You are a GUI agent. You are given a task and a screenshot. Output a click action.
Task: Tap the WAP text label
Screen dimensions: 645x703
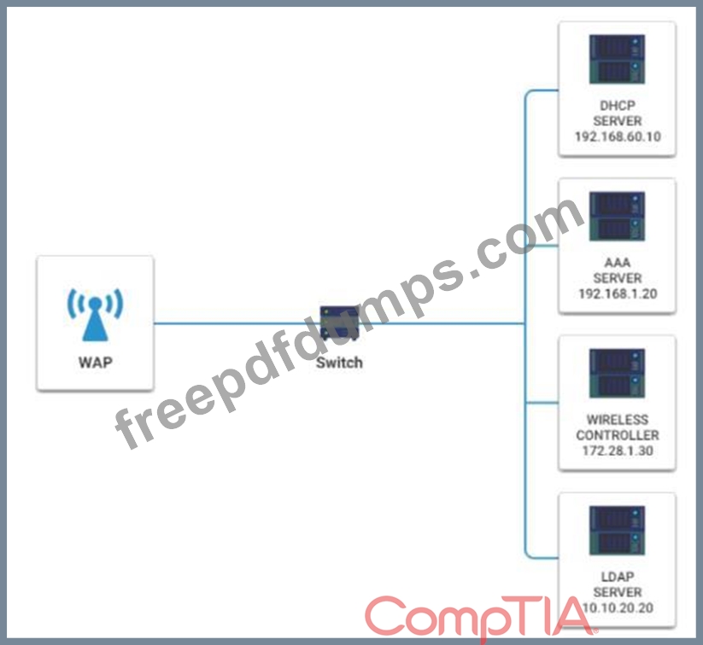95,362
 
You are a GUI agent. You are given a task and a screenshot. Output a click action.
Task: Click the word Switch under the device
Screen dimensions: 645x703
339,363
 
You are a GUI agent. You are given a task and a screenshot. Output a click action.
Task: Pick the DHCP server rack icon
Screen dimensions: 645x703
617,60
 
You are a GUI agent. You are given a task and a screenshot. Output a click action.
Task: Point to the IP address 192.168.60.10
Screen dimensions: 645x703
617,136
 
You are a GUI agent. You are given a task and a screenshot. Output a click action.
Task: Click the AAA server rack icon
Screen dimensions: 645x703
617,216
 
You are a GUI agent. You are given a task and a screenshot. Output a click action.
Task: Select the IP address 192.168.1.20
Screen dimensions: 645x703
617,293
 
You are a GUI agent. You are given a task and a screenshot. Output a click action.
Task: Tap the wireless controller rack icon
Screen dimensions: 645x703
617,373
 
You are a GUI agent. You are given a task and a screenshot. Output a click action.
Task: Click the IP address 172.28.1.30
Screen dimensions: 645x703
617,450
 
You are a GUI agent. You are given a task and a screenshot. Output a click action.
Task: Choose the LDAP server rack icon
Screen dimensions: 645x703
617,530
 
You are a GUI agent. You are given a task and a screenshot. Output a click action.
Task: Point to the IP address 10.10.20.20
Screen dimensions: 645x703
617,607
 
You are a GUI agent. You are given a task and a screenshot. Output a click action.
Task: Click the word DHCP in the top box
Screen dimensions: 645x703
617,106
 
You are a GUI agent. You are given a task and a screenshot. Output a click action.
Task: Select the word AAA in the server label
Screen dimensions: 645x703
617,263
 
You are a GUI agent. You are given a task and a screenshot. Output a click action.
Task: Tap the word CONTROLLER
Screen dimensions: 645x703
617,435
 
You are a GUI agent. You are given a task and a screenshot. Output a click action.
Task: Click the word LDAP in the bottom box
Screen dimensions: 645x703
617,577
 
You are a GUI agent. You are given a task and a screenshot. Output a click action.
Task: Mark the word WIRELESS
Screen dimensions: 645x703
617,420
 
